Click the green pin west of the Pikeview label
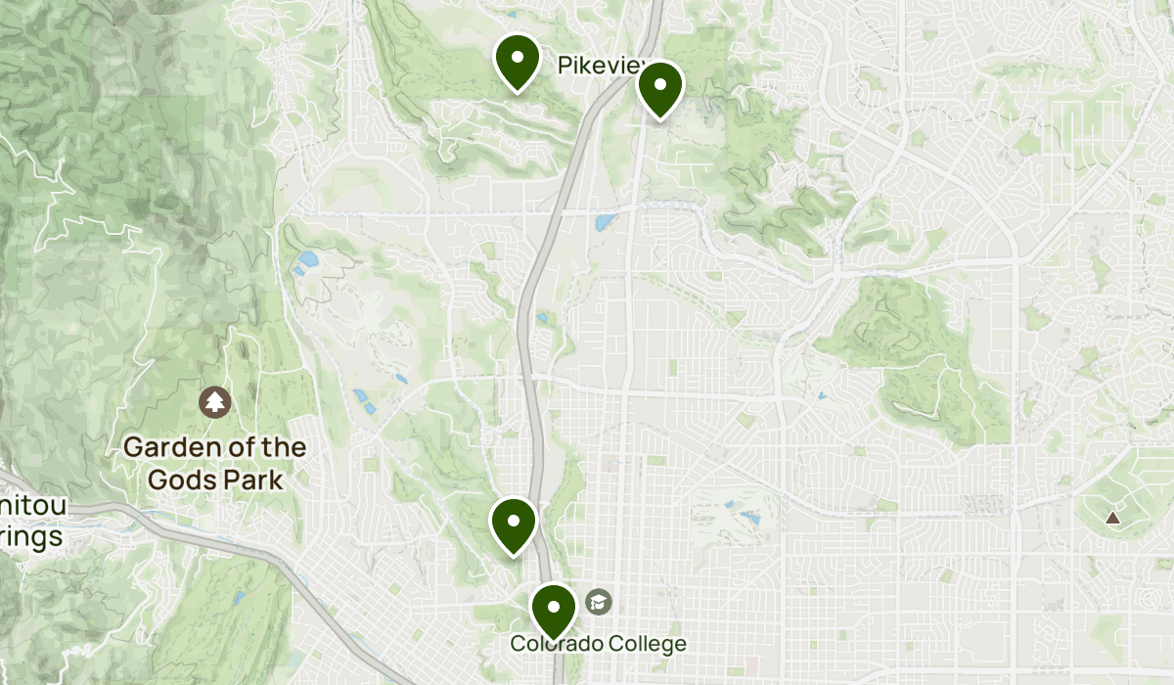tap(518, 62)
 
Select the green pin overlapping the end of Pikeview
tap(659, 89)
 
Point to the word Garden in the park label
tap(165, 448)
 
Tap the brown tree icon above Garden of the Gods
tap(213, 400)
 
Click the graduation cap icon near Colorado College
tap(599, 601)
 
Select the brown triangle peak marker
tap(1112, 517)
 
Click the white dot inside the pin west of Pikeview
tap(518, 56)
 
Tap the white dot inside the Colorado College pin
tap(554, 606)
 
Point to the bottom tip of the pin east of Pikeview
tap(659, 119)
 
